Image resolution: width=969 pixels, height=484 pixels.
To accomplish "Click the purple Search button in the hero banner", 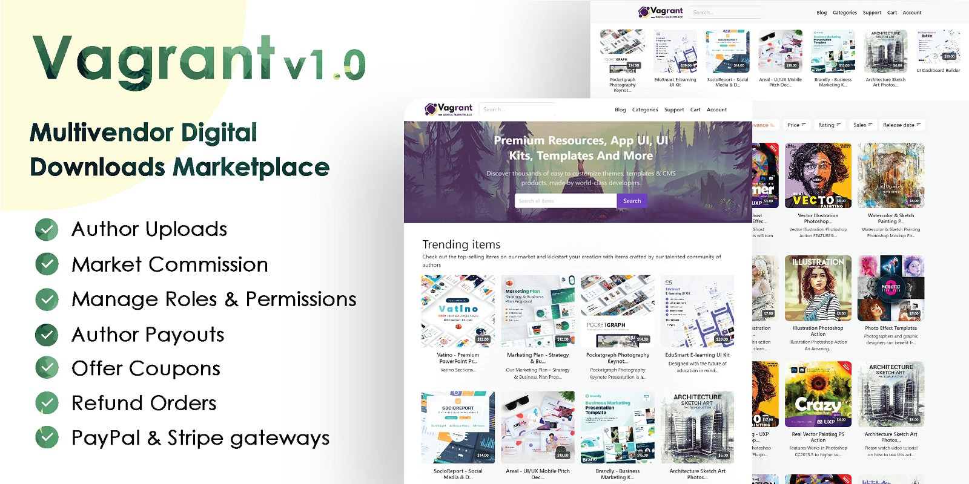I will click(x=632, y=201).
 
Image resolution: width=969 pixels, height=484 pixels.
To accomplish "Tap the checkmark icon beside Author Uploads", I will click(x=47, y=229).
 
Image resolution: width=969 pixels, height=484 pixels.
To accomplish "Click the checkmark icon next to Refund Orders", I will click(x=47, y=403).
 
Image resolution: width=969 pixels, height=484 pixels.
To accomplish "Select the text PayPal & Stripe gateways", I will click(x=200, y=438).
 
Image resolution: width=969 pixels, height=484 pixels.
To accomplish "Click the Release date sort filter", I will click(x=901, y=125).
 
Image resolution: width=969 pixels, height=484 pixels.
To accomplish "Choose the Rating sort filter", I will click(x=829, y=125).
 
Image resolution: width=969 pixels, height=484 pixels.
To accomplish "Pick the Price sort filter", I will click(x=796, y=125).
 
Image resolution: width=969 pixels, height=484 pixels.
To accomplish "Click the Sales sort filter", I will click(x=862, y=125).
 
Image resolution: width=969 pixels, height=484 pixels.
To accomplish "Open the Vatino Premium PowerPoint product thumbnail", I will click(x=458, y=311).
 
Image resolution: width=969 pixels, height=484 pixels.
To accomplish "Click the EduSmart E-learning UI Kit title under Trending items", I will click(x=697, y=355).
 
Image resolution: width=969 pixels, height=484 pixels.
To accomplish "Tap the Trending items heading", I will click(x=461, y=244).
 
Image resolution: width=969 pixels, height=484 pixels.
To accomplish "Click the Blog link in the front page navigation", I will click(x=620, y=110).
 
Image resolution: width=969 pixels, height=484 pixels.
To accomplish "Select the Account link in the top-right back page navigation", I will click(x=911, y=13).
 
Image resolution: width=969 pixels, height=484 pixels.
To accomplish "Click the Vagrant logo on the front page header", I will click(x=449, y=109).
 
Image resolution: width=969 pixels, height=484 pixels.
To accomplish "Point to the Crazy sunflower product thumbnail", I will click(x=818, y=394).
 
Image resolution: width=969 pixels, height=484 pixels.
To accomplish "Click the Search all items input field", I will click(x=565, y=201).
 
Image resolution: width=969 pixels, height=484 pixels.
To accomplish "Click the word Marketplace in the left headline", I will click(x=252, y=168).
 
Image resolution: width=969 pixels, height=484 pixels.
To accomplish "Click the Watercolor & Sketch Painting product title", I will click(x=890, y=218).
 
